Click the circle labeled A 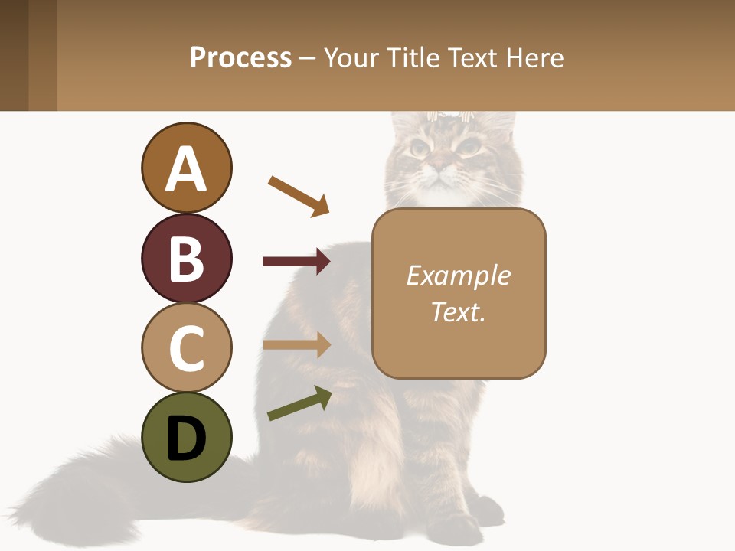pos(186,168)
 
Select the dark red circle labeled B pos(186,258)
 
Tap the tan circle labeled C pos(186,347)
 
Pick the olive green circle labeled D pos(186,437)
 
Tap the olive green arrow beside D pos(299,403)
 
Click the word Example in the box pos(458,275)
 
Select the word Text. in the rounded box pos(458,312)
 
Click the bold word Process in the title pos(240,58)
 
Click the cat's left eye pos(469,145)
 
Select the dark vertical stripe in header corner pos(15,55)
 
